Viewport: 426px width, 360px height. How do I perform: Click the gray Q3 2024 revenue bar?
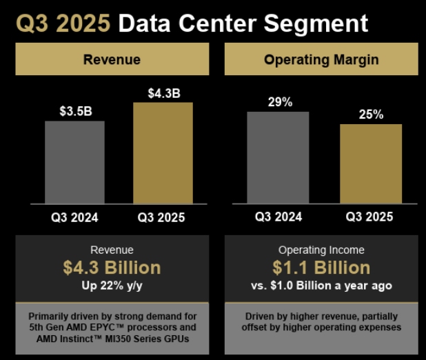coord(74,162)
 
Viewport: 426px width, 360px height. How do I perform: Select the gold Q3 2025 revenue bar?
coord(163,152)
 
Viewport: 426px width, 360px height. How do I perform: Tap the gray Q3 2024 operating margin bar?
coord(278,157)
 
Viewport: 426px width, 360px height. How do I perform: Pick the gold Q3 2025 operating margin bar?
coord(371,163)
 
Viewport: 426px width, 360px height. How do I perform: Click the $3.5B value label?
coord(74,111)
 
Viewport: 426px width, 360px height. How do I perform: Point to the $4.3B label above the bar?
coord(163,92)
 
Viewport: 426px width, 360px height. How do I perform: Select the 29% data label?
coord(278,101)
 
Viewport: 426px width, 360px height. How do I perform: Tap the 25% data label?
coord(371,114)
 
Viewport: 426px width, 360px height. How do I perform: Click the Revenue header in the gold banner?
coord(112,59)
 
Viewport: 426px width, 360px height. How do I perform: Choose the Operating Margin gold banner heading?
coord(321,59)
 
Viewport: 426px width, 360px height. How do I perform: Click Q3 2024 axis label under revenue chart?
coord(74,218)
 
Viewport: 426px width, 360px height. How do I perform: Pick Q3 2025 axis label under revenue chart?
coord(161,218)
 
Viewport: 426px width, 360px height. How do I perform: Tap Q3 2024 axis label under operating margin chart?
coord(278,217)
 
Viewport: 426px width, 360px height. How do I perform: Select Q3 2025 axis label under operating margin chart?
coord(369,217)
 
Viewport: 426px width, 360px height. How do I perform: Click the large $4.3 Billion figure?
coord(112,268)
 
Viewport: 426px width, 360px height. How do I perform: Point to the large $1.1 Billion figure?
coord(321,268)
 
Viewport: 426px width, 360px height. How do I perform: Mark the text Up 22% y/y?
coord(112,285)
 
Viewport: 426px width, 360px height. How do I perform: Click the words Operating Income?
coord(321,250)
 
